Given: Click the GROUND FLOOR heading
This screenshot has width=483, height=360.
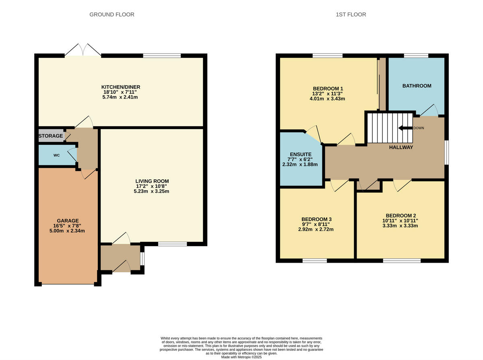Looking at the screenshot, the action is coord(112,14).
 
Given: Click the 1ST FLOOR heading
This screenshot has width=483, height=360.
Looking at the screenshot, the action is coord(351,14).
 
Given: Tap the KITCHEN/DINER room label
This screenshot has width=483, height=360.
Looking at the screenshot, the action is coord(121,87).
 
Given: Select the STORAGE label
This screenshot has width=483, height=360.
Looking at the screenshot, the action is coord(51,136).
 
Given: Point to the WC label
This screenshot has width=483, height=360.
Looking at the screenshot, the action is coord(57,155).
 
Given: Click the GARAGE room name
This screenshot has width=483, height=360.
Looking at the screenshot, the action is coord(68,220).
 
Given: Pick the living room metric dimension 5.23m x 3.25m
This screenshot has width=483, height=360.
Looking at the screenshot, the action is coord(151,191).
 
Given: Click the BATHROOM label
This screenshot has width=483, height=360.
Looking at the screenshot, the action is coord(417,86).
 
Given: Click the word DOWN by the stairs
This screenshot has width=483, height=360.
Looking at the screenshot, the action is coord(419,128).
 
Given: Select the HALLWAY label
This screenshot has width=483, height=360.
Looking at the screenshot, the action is coord(401,147).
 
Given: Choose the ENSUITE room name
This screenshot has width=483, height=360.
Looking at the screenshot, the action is coord(301,154).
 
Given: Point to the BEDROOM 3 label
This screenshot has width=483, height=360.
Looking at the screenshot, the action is coord(316,219).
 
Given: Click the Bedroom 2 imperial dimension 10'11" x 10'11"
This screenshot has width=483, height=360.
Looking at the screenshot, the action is coord(400,220).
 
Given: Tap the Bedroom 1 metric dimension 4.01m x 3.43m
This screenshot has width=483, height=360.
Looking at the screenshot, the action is coord(327,99).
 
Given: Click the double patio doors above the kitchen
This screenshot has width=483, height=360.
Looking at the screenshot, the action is coord(83,50).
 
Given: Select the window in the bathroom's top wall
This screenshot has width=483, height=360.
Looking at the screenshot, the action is coord(416,56).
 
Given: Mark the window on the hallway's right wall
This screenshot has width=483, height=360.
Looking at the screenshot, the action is coord(446,152).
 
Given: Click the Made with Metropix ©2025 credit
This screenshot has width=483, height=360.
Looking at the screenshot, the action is coord(242,357).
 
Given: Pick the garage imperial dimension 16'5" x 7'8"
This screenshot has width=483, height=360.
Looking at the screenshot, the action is coord(67,226).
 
